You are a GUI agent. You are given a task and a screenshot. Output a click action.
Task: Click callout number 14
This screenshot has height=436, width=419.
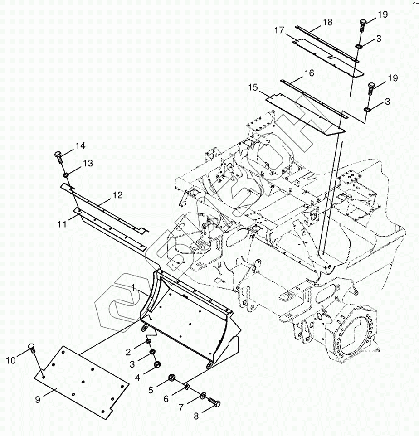pyautogui.click(x=80, y=146)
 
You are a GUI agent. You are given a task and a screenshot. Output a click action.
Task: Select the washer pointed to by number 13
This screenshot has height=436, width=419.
pyautogui.click(x=66, y=175)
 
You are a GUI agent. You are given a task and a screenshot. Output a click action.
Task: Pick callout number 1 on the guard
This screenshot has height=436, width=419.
pyautogui.click(x=134, y=287)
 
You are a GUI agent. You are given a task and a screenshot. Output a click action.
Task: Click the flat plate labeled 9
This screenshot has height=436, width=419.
pyautogui.click(x=82, y=381)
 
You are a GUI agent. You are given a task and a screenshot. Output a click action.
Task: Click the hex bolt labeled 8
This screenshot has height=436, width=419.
pyautogui.click(x=214, y=403)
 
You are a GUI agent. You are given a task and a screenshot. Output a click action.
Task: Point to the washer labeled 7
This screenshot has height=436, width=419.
pyautogui.click(x=202, y=397)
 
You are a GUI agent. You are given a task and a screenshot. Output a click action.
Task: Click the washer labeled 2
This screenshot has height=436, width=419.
pyautogui.click(x=148, y=341)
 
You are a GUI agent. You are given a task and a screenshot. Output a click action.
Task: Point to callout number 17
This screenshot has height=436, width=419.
pyautogui.click(x=279, y=31)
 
